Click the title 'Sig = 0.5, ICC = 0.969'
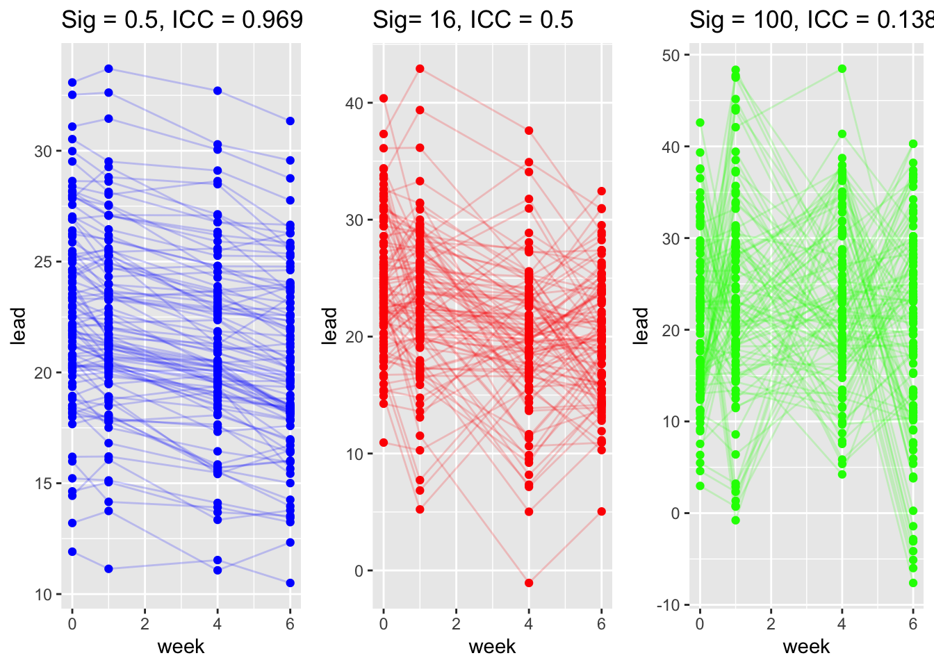(182, 19)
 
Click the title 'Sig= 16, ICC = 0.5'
(473, 19)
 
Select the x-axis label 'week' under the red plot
(492, 647)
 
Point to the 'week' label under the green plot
(806, 647)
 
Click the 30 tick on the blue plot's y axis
(43, 151)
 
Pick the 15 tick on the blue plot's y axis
(43, 484)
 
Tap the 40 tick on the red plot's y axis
(354, 103)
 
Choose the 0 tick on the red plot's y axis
(359, 571)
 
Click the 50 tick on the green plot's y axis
(671, 56)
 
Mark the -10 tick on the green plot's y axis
(668, 605)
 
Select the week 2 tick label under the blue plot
(145, 624)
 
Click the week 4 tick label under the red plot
(529, 624)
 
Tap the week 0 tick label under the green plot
(700, 624)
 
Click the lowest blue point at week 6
(290, 583)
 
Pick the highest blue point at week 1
(108, 69)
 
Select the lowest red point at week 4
(529, 583)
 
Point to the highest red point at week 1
(420, 69)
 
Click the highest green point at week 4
(842, 69)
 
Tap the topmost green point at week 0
(700, 123)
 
